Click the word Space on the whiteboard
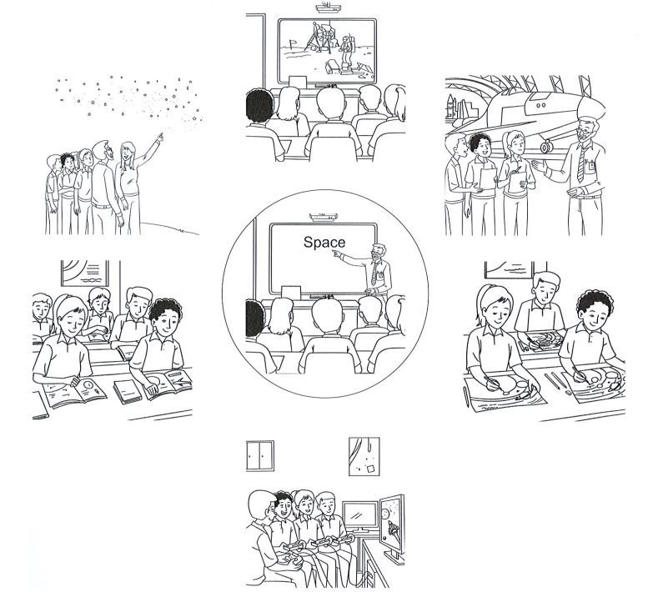point(324,243)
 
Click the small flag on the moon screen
point(293,43)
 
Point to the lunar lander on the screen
point(320,36)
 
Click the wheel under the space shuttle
point(545,147)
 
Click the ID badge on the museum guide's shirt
point(591,166)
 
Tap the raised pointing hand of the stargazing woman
point(159,137)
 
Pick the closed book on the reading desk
point(127,391)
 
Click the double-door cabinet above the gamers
point(260,455)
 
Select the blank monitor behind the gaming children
point(360,514)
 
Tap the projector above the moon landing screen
point(327,8)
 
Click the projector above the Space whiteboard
point(324,217)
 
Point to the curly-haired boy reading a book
point(159,349)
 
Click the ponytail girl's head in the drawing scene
point(496,305)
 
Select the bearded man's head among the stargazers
point(103,152)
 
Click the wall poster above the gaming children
point(364,456)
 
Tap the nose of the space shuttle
point(595,106)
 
